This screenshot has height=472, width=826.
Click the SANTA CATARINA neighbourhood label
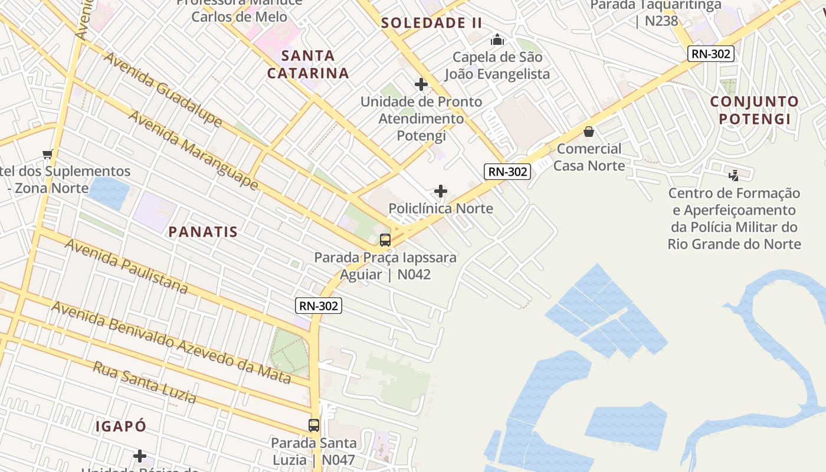(x=308, y=65)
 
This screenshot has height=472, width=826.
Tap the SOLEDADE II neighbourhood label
(x=431, y=23)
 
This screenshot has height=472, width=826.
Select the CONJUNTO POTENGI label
(x=754, y=110)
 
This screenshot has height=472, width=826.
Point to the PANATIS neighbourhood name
(x=203, y=232)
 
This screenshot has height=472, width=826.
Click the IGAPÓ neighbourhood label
(x=121, y=426)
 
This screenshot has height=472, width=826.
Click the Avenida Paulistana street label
(x=126, y=266)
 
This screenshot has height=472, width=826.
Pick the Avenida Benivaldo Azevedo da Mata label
(x=171, y=342)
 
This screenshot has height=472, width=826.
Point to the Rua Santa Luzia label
(x=145, y=382)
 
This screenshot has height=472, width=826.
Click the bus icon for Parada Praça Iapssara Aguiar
(x=385, y=240)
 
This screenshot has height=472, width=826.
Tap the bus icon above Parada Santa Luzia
(x=314, y=425)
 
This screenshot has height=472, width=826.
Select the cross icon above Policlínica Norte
(x=441, y=191)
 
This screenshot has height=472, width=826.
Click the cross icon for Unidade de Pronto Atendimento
(x=421, y=85)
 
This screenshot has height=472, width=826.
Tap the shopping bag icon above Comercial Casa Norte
(x=589, y=132)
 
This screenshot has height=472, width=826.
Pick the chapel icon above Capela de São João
(x=497, y=40)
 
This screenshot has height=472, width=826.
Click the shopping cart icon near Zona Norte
(x=48, y=154)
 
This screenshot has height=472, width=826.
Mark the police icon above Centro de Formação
(x=734, y=175)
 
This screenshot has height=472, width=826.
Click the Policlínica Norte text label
(x=441, y=208)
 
